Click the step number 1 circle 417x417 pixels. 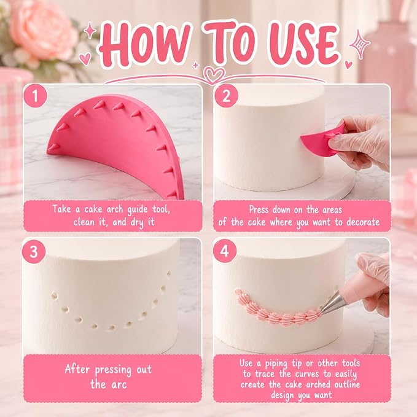click(36, 96)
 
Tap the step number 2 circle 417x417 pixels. click(226, 96)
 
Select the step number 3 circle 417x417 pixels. click(34, 251)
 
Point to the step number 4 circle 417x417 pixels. click(225, 251)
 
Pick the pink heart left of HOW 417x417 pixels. click(85, 59)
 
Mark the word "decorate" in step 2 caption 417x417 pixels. click(363, 222)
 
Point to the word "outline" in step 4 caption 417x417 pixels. click(348, 384)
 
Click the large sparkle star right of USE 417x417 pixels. click(359, 45)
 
